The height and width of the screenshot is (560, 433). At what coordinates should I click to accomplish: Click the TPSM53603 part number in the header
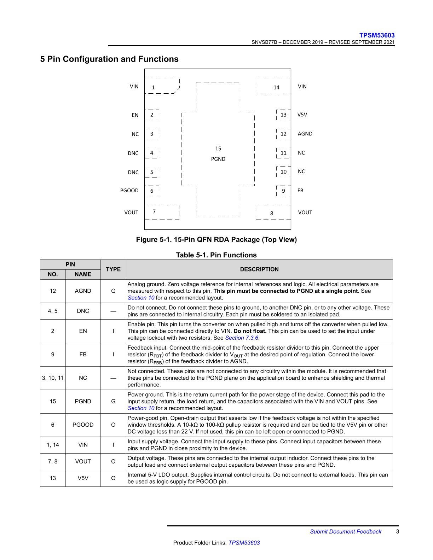pos(377,35)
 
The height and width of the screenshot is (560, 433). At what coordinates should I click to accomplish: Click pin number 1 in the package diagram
pos(153,87)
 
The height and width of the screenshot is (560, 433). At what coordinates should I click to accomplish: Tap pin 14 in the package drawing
pos(276,87)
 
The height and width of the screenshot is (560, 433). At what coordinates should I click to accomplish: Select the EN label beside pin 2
pos(135,115)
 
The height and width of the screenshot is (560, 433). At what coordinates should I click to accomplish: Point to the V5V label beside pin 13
pos(302,115)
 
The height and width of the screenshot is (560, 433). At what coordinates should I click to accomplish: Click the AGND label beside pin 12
pos(305,134)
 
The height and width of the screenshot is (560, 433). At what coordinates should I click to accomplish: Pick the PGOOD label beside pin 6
pos(129,191)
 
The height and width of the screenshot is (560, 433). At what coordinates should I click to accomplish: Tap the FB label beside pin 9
pos(300,191)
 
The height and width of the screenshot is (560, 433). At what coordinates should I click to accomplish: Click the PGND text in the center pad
pos(218,159)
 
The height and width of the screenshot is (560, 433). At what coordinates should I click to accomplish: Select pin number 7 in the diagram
pos(154,212)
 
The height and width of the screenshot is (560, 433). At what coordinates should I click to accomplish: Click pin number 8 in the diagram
pos(272,214)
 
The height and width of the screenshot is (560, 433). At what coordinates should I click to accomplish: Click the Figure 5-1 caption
pos(216,240)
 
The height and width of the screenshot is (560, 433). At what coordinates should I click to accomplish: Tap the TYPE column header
pos(113,269)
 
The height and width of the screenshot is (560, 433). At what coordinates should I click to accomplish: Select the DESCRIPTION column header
pos(259,269)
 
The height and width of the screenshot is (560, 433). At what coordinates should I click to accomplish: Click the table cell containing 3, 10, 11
pos(53,378)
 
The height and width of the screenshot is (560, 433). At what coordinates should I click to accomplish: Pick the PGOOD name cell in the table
pos(83,425)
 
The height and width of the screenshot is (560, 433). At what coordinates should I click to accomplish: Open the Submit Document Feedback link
pos(346,532)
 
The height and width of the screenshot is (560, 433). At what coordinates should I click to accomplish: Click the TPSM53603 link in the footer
pos(244,543)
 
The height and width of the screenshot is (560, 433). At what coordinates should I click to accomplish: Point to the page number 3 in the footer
pos(398,532)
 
